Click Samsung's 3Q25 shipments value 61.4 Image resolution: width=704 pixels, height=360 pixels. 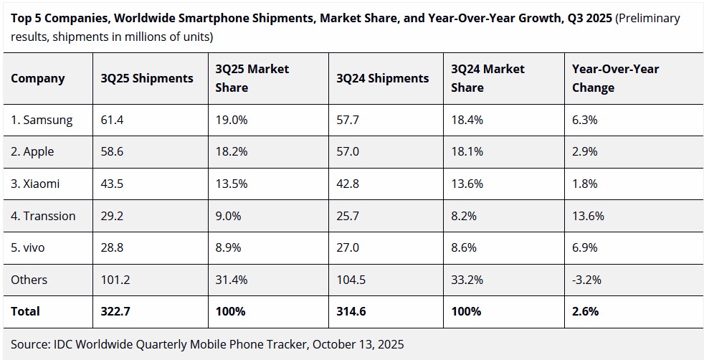pos(113,120)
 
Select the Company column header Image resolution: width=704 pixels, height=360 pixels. pos(38,78)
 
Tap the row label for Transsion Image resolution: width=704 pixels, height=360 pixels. pos(43,215)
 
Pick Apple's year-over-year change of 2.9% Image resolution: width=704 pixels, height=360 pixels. pos(585,151)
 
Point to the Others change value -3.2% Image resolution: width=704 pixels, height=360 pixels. pos(586,279)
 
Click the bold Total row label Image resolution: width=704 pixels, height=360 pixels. pos(26,311)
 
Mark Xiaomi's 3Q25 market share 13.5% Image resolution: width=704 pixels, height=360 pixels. pos(232,184)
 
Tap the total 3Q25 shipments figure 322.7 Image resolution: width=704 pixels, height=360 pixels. pos(116,311)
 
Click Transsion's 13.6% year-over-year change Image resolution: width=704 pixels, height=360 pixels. pos(588,215)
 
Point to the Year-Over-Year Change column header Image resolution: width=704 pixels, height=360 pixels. pos(615,78)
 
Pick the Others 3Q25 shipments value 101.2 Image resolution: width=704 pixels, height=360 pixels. pos(116,279)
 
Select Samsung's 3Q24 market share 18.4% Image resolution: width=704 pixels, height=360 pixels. pos(467,120)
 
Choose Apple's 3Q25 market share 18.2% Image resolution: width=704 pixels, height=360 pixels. pos(232,151)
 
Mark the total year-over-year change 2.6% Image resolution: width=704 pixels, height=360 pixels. pos(585,311)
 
